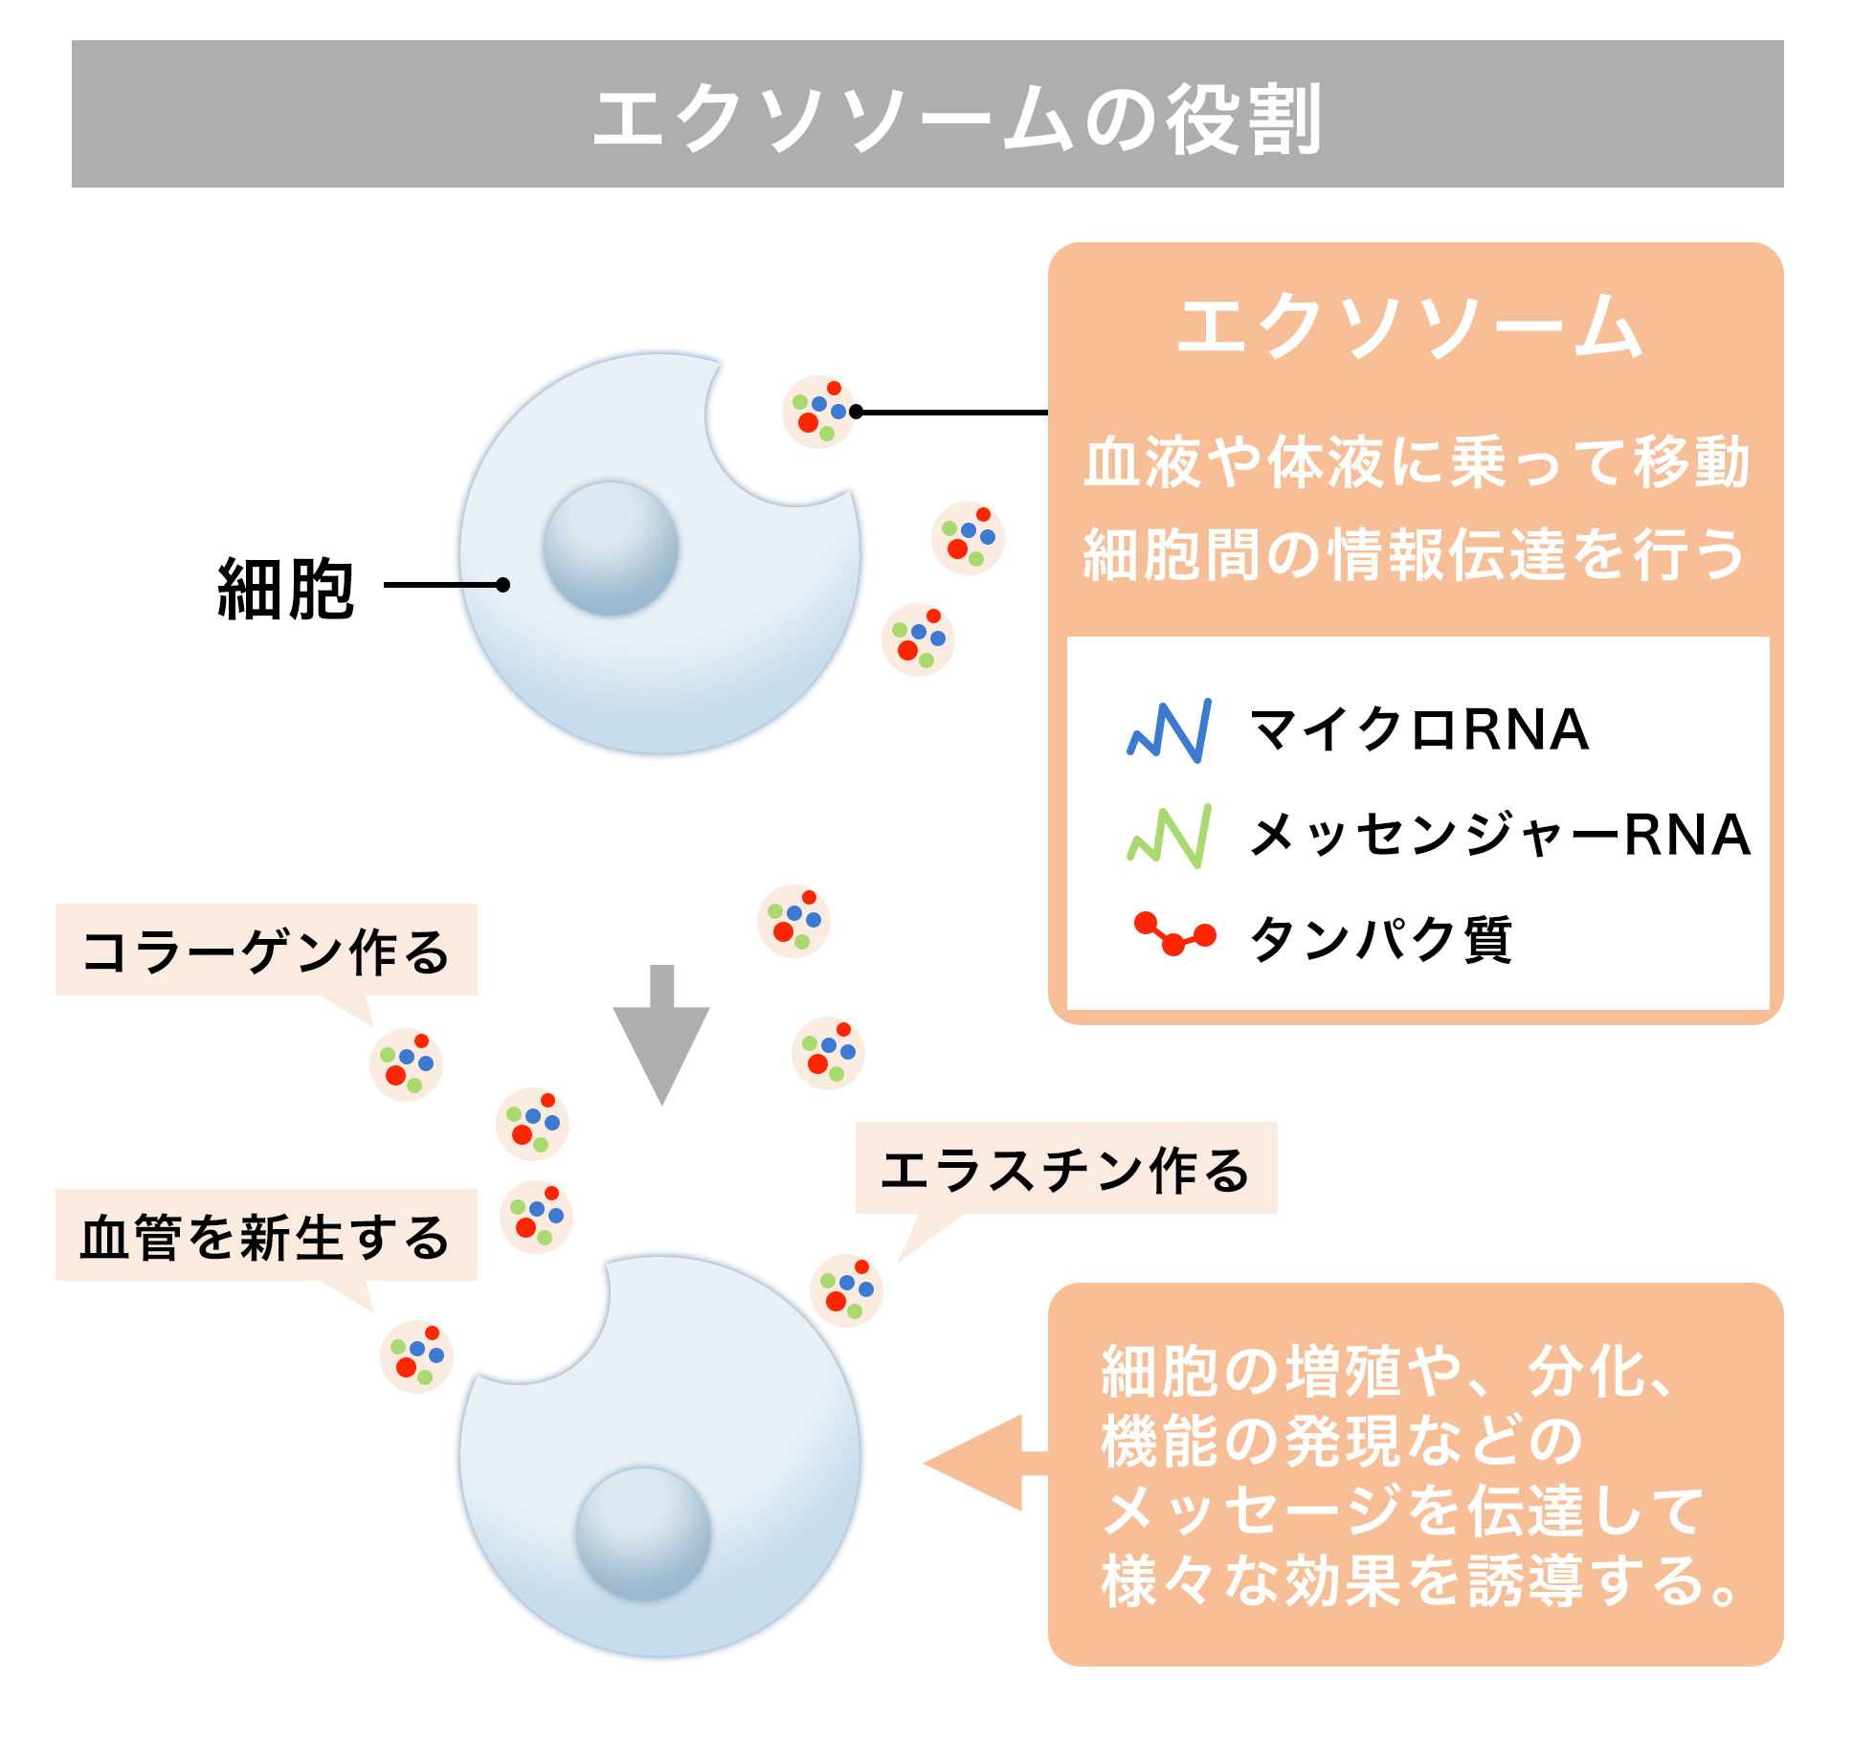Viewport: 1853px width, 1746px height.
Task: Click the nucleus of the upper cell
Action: (611, 548)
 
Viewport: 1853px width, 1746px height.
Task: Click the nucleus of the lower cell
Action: (643, 1533)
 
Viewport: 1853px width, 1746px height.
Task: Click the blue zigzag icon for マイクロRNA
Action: (1170, 731)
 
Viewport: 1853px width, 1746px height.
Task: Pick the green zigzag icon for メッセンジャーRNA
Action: (1170, 836)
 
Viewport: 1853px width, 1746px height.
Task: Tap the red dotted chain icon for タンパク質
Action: (1174, 934)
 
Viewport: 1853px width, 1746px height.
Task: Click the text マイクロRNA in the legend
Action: (1418, 729)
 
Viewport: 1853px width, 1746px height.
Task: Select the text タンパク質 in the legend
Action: (1380, 939)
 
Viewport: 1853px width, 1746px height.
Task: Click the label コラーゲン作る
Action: (265, 951)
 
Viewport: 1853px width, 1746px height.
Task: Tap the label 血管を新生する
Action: (265, 1236)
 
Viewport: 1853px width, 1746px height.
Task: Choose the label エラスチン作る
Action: (1065, 1169)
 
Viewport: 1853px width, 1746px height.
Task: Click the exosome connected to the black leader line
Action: (818, 412)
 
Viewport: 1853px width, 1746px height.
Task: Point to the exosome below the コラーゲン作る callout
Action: (406, 1064)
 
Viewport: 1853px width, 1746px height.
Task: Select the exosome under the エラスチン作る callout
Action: (846, 1289)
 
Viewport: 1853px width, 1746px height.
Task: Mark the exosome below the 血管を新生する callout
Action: (416, 1356)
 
